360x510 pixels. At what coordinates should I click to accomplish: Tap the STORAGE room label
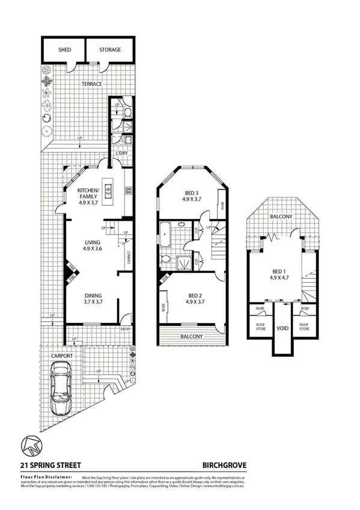pos(110,50)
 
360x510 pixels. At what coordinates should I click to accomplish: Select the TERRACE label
pos(92,84)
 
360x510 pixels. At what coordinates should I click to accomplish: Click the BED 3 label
pos(192,195)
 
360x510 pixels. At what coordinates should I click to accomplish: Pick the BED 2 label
pos(193,299)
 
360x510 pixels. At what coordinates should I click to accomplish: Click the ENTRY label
pos(126,329)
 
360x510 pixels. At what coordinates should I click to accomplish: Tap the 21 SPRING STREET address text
pos(51,464)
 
